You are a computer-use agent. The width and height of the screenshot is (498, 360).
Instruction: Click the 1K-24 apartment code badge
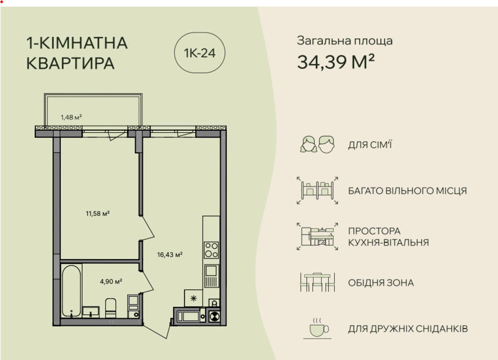click(200, 53)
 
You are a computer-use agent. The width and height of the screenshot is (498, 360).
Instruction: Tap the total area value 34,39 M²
click(336, 62)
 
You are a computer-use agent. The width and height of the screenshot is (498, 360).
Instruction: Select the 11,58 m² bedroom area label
click(98, 213)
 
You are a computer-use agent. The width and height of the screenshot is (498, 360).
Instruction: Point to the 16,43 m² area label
click(170, 255)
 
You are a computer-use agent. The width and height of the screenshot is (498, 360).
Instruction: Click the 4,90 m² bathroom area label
click(111, 282)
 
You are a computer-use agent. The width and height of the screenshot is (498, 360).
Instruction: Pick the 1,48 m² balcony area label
click(71, 117)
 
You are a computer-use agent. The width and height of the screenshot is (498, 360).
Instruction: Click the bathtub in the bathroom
click(71, 291)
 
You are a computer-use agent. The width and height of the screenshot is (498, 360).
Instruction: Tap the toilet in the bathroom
click(110, 308)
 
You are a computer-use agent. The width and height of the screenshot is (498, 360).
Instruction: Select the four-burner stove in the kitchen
click(211, 250)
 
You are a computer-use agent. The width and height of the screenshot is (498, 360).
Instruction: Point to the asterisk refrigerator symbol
click(193, 298)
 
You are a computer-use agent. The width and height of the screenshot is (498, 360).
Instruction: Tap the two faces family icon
click(317, 144)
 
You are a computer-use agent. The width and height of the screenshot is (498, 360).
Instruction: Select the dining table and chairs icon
click(317, 282)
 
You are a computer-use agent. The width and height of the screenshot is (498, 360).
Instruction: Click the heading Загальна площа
click(345, 41)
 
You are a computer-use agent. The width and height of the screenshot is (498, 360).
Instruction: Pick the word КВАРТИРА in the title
click(70, 63)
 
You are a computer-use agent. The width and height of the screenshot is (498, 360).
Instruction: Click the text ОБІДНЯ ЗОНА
click(381, 283)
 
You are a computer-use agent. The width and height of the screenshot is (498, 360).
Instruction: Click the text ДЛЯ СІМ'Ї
click(370, 145)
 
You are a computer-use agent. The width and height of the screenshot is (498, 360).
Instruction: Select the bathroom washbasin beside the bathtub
click(91, 311)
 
